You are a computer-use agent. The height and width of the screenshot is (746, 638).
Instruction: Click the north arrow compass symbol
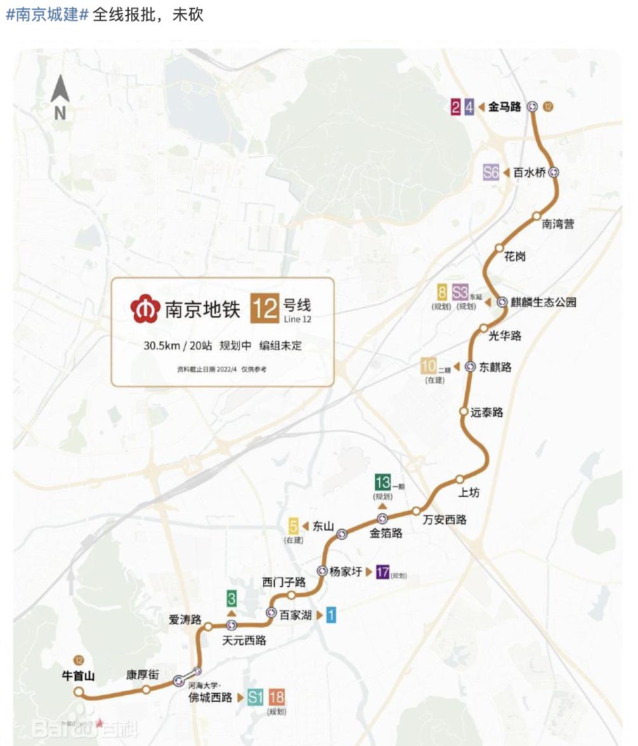(60, 96)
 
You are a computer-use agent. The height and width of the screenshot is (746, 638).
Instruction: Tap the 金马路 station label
(504, 107)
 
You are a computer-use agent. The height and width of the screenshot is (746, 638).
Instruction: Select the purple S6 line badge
(491, 172)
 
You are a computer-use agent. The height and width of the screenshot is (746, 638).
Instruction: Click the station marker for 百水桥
(554, 171)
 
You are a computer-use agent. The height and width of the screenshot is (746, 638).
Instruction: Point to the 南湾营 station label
(558, 225)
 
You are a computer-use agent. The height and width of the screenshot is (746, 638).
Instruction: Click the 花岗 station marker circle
(499, 248)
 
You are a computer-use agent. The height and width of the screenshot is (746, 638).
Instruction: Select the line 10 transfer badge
(429, 366)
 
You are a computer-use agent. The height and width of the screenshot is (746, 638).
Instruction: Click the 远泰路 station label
(486, 412)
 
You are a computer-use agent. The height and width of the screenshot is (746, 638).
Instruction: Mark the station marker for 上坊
(460, 479)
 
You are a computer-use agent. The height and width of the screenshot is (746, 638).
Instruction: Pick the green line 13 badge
(382, 481)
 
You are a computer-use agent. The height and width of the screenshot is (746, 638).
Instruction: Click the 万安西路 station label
(445, 520)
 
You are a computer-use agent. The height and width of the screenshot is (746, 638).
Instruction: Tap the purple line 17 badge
(382, 572)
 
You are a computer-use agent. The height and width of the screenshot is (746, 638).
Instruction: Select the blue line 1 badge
(330, 614)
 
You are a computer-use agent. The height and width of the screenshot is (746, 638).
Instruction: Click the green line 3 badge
(232, 598)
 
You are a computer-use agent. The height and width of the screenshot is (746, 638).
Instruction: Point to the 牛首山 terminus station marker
(79, 691)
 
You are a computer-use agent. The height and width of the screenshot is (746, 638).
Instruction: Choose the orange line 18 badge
(277, 698)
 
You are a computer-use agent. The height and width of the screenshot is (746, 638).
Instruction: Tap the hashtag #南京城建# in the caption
(47, 15)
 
